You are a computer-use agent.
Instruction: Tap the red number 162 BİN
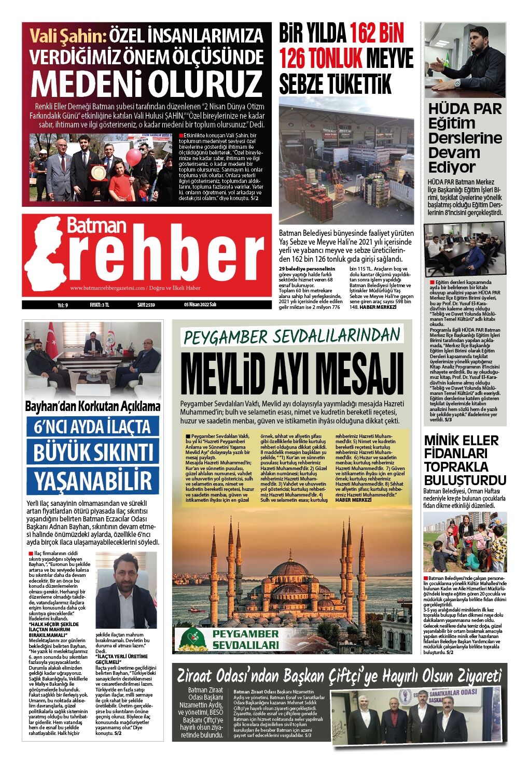tap(376, 34)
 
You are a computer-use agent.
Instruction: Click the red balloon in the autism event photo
tap(134, 157)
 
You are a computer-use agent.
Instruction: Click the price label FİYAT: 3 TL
tap(99, 305)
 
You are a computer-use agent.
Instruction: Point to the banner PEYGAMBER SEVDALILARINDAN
tap(292, 336)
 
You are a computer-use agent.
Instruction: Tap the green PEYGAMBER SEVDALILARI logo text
tap(246, 640)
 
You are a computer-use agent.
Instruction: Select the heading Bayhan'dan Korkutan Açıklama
tap(93, 406)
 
